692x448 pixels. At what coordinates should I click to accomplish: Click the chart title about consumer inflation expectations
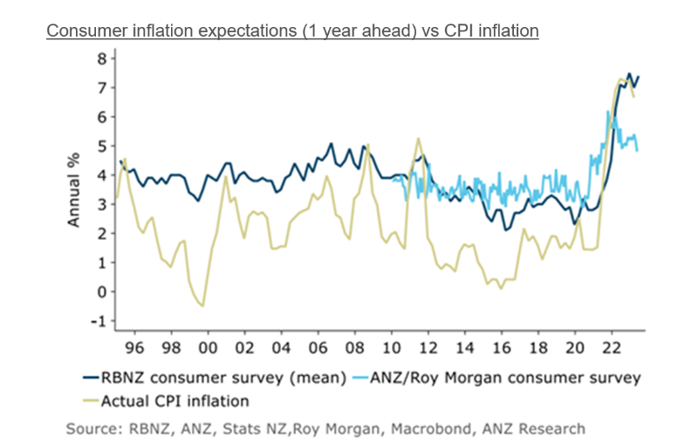pyautogui.click(x=292, y=31)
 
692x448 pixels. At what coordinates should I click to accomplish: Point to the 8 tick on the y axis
pyautogui.click(x=101, y=58)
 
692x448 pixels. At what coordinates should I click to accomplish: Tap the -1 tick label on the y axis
pyautogui.click(x=99, y=321)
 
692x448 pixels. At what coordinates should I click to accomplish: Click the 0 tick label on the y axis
pyautogui.click(x=101, y=292)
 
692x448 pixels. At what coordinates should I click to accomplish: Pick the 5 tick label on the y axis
pyautogui.click(x=101, y=146)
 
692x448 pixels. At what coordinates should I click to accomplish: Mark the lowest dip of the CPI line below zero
pyautogui.click(x=202, y=306)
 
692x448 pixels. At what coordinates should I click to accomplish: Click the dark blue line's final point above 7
pyautogui.click(x=639, y=77)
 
